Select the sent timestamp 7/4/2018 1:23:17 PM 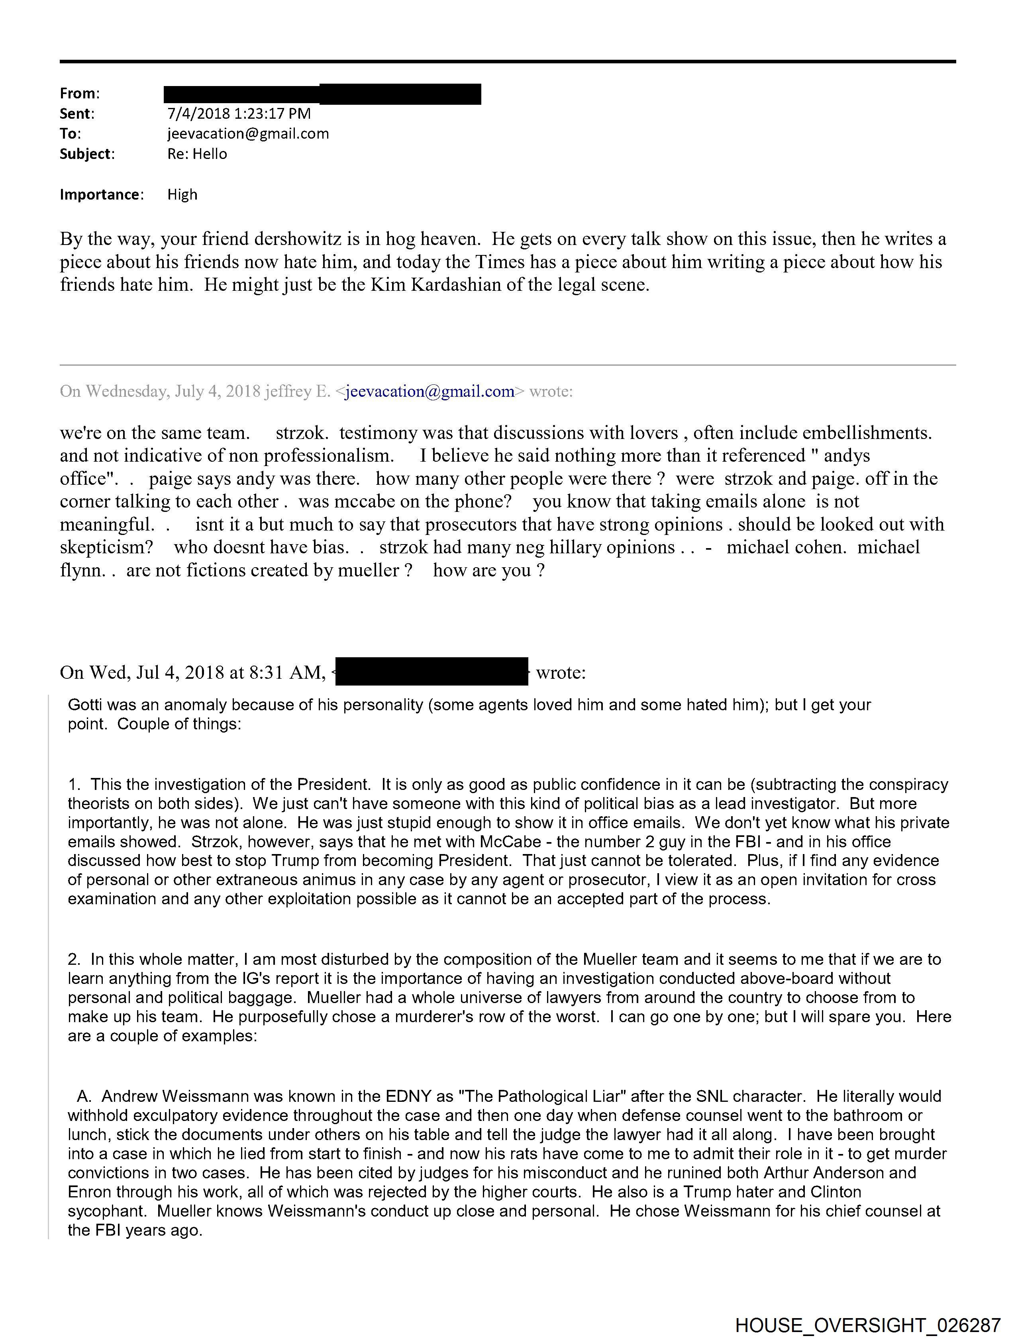(x=239, y=114)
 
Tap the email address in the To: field (x=248, y=133)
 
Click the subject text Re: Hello (x=197, y=154)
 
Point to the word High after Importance (x=182, y=195)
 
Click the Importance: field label (x=101, y=195)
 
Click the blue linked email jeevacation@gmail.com (x=430, y=391)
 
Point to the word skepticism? (x=107, y=547)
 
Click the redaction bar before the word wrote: (x=431, y=672)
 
